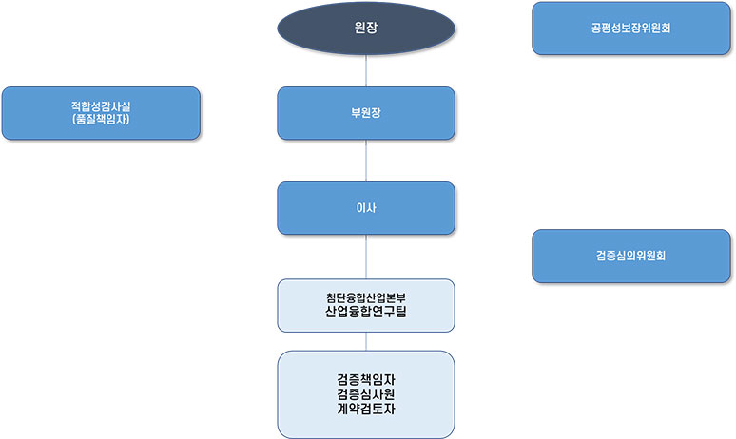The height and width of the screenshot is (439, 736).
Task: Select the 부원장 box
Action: [366, 113]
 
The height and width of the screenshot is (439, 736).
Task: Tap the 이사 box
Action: [366, 208]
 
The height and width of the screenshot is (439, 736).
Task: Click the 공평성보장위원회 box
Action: [630, 29]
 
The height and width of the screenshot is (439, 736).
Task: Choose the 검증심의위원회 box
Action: [630, 256]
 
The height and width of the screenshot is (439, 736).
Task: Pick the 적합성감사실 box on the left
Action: [101, 113]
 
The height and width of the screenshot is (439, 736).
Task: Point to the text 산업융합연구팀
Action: [366, 311]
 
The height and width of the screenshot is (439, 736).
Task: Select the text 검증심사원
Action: [366, 394]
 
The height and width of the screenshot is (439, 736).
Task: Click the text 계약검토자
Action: [366, 410]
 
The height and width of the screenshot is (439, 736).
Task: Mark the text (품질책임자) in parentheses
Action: [101, 121]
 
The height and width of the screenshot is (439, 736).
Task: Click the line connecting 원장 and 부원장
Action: [366, 70]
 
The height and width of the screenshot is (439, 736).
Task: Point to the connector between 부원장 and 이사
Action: [366, 161]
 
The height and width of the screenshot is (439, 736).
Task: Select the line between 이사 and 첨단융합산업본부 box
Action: [366, 257]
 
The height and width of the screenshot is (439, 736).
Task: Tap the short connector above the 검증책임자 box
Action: [366, 341]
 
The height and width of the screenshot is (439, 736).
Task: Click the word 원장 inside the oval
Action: [366, 28]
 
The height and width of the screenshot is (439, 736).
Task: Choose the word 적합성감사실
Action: [101, 105]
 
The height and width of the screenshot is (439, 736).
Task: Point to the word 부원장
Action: [366, 113]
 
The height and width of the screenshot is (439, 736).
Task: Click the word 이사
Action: [366, 208]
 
